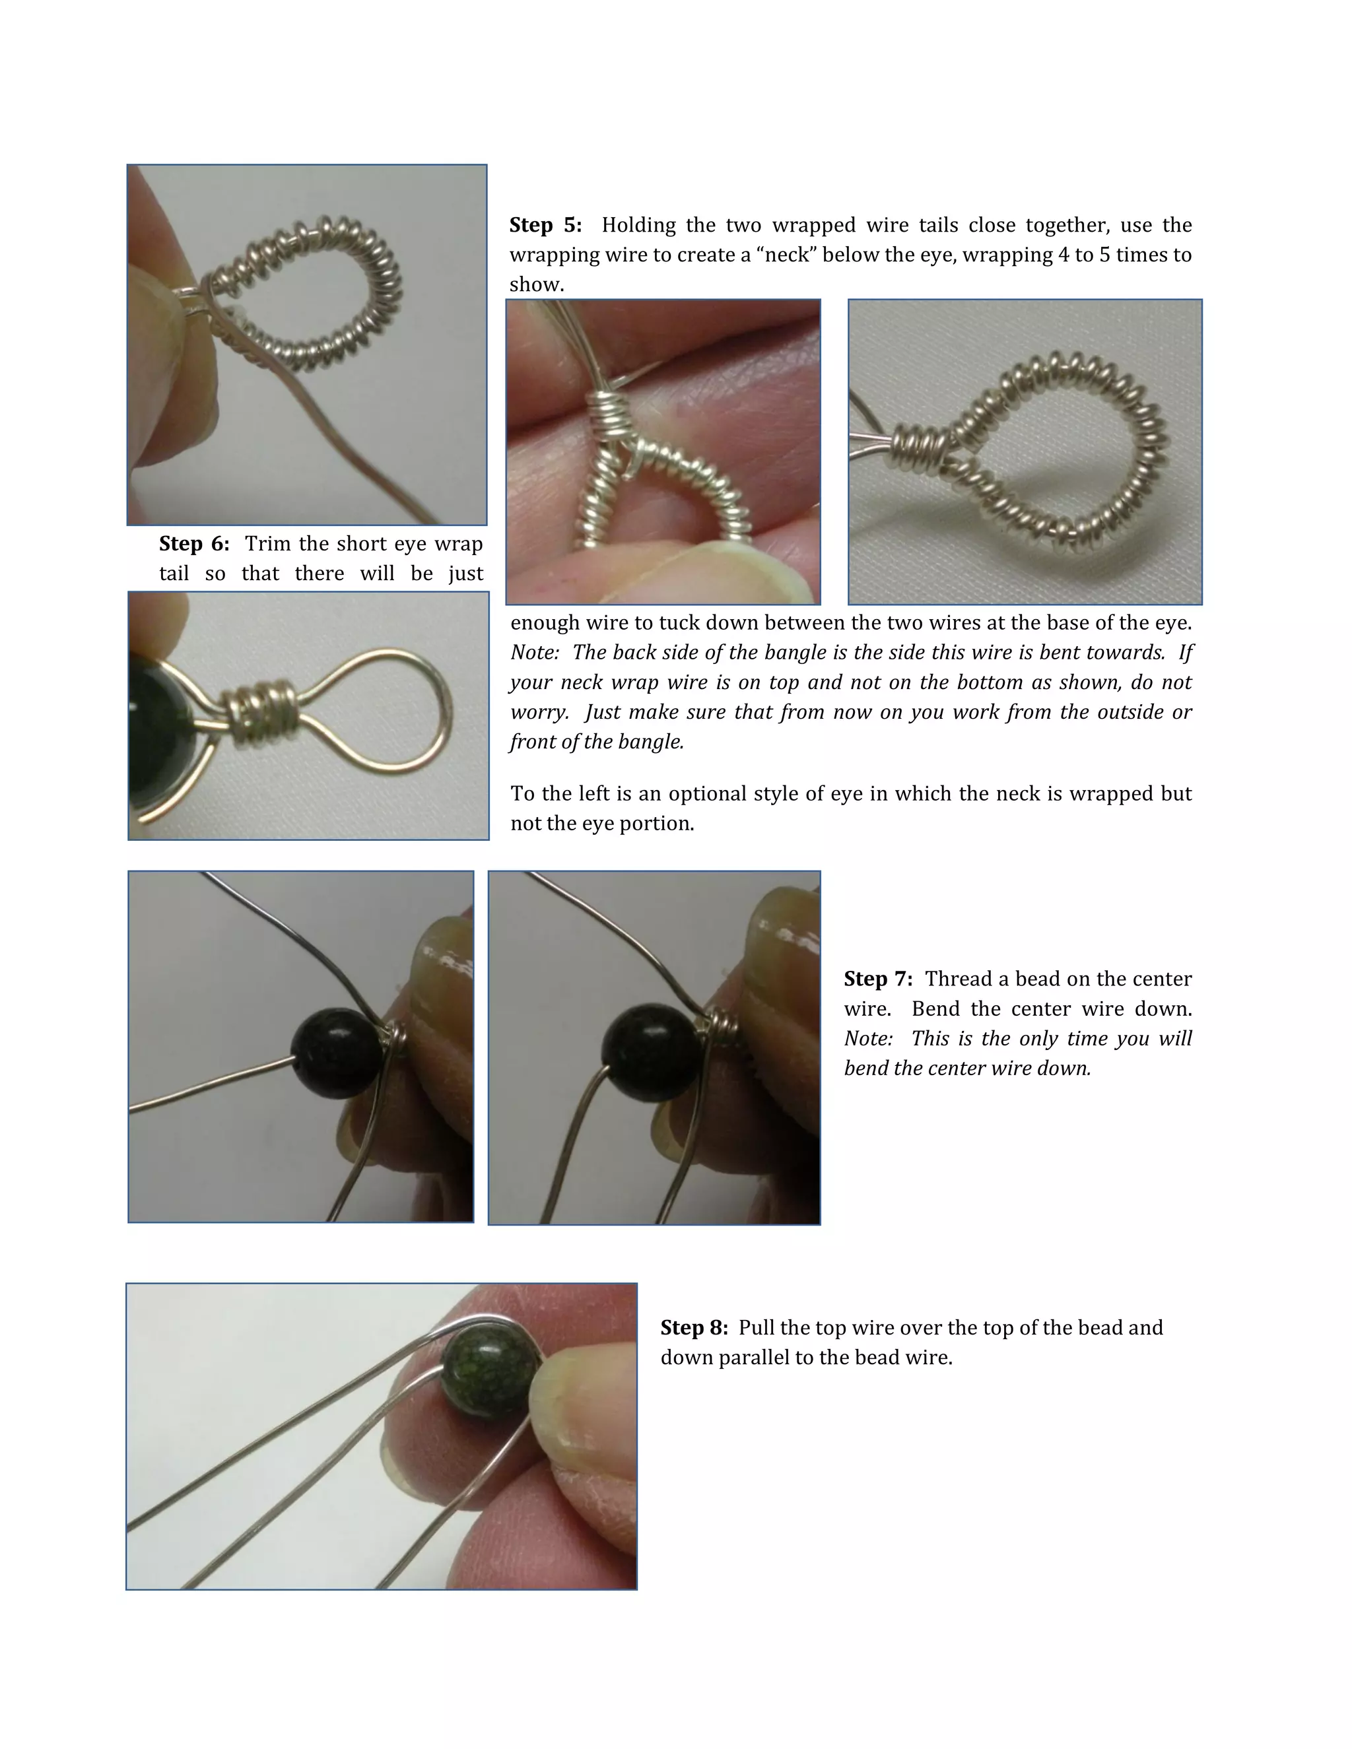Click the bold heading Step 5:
[545, 225]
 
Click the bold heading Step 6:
[194, 544]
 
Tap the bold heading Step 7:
[877, 979]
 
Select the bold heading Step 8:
[694, 1327]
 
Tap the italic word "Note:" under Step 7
[867, 1039]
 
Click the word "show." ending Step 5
[537, 284]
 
